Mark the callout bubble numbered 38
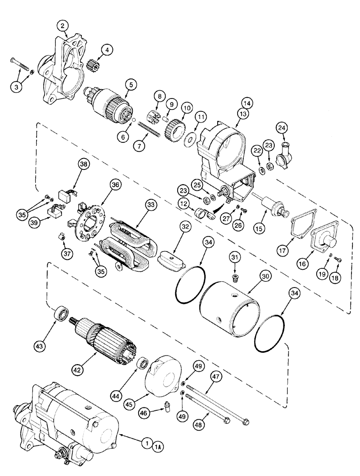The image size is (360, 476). pyautogui.click(x=84, y=164)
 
